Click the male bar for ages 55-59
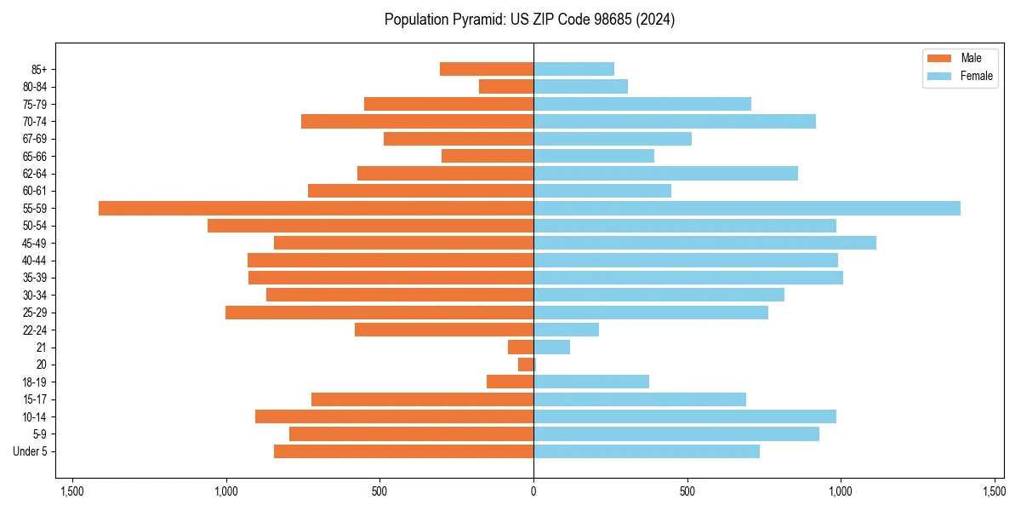tap(316, 209)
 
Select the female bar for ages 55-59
tap(746, 209)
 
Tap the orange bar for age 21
tap(521, 347)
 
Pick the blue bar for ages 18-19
tap(591, 382)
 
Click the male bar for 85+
tap(487, 69)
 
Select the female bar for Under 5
tap(647, 451)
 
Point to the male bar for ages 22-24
tap(444, 330)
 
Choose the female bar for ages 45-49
tap(704, 243)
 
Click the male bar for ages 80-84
tap(506, 86)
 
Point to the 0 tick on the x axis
tap(533, 491)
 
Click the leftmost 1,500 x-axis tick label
tap(72, 491)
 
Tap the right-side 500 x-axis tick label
tap(687, 491)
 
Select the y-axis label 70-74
tap(35, 122)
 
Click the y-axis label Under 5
tap(31, 451)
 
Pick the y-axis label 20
tap(42, 365)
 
